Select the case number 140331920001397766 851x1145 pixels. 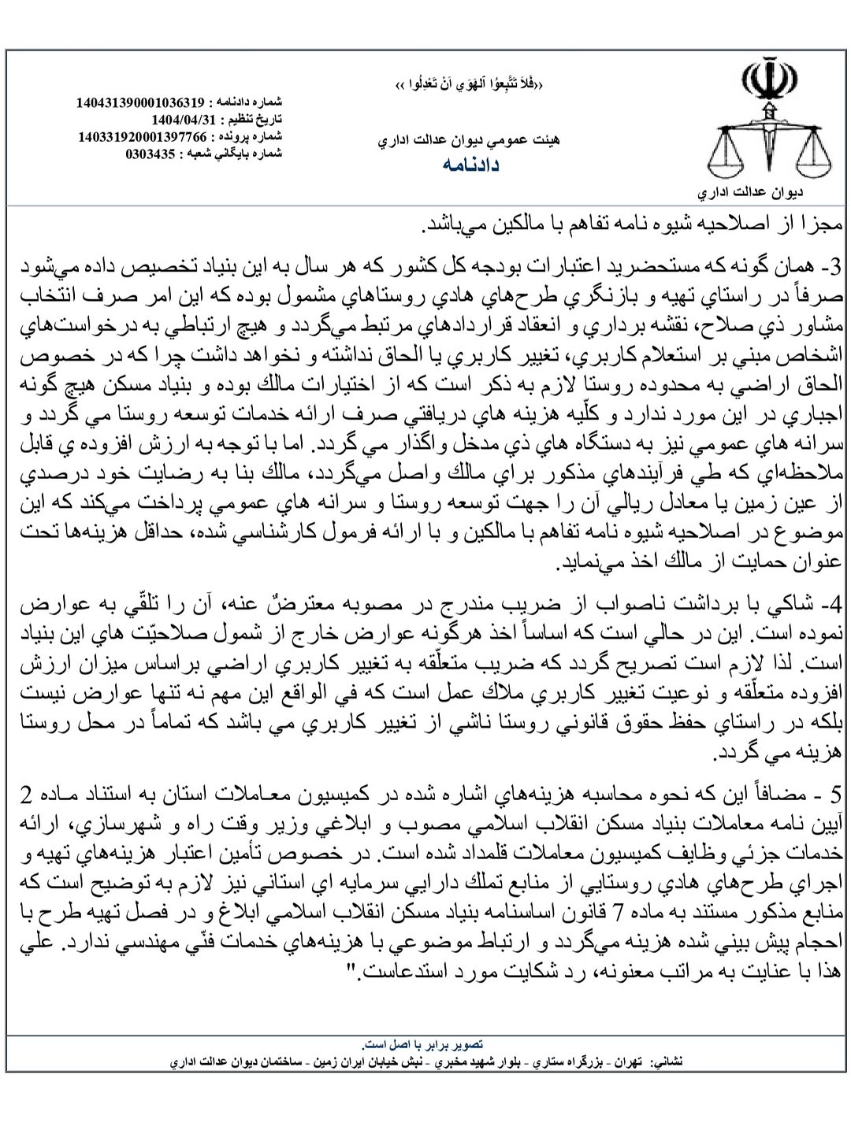[143, 136]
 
